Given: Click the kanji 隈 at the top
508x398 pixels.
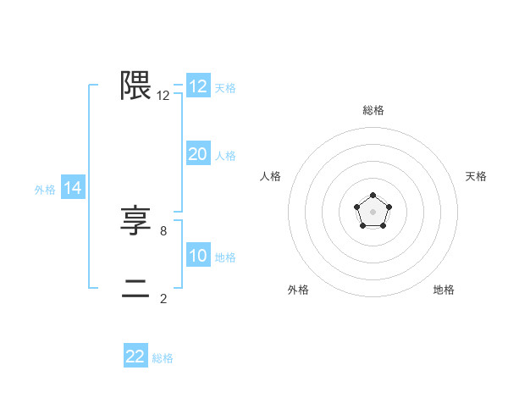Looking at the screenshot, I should pos(135,86).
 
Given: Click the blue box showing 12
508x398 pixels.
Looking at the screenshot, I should pos(198,86).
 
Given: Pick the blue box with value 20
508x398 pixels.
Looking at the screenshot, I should pos(198,154).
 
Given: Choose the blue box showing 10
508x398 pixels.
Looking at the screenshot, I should pos(198,256).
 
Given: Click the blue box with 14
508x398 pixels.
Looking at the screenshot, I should pos(73,189).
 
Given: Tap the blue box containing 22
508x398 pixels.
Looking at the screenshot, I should pos(135,357).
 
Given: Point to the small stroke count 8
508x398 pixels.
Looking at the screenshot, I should pos(163,229).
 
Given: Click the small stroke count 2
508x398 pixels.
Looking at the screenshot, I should pos(163,298).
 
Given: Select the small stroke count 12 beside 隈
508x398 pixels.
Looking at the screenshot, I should pos(163,96).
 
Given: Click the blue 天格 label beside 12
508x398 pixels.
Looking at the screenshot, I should pos(225,88).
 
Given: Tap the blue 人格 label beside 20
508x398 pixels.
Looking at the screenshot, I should pos(225,156).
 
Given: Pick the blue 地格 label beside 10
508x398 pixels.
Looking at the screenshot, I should pos(225,257).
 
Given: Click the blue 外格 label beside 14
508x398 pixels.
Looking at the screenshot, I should pos(45,191).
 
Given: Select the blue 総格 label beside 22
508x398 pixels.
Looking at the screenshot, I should pos(163,358).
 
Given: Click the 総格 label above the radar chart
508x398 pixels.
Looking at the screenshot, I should pos(373,110).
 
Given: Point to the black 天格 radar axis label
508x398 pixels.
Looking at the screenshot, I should pos(477,176).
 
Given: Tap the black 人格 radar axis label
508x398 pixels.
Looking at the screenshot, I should pos(270,176).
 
